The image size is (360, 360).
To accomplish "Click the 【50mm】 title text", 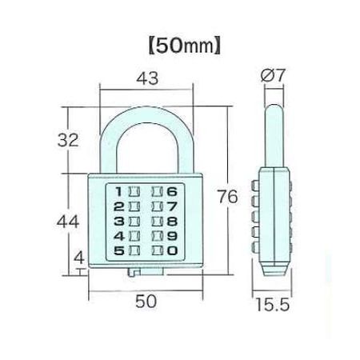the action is point(185,46).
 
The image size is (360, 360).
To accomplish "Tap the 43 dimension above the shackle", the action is point(147,78).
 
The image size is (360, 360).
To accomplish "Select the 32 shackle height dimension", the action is point(68,140).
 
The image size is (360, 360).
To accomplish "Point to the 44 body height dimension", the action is point(68,222).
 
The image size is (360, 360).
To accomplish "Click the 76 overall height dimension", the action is point(227,196).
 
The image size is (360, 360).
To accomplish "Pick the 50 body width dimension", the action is point(146,302).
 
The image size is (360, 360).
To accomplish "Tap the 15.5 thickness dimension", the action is point(273,305).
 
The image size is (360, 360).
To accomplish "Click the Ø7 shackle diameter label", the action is point(273,75).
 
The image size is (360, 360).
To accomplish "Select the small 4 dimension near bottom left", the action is point(79,258).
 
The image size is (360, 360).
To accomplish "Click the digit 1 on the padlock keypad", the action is point(119,191).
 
